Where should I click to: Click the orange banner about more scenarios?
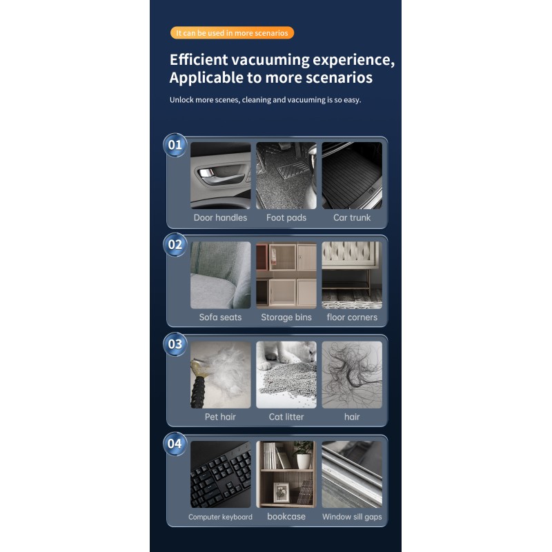(232, 32)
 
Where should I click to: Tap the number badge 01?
(175, 145)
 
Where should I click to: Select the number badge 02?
(175, 244)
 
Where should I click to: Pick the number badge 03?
(175, 344)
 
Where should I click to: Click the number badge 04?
(175, 444)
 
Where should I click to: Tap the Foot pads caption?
(286, 217)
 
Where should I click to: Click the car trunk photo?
(352, 176)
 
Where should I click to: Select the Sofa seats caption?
(220, 317)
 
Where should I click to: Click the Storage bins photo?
(286, 275)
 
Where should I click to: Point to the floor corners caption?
(352, 317)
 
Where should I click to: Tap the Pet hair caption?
(220, 417)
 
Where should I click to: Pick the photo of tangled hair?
(352, 375)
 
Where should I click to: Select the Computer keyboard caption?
(220, 517)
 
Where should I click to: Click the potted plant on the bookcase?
(304, 455)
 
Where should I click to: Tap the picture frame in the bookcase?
(282, 492)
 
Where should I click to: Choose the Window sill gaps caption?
(352, 517)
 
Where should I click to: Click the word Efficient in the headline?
(199, 59)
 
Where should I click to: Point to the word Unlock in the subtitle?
(181, 99)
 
